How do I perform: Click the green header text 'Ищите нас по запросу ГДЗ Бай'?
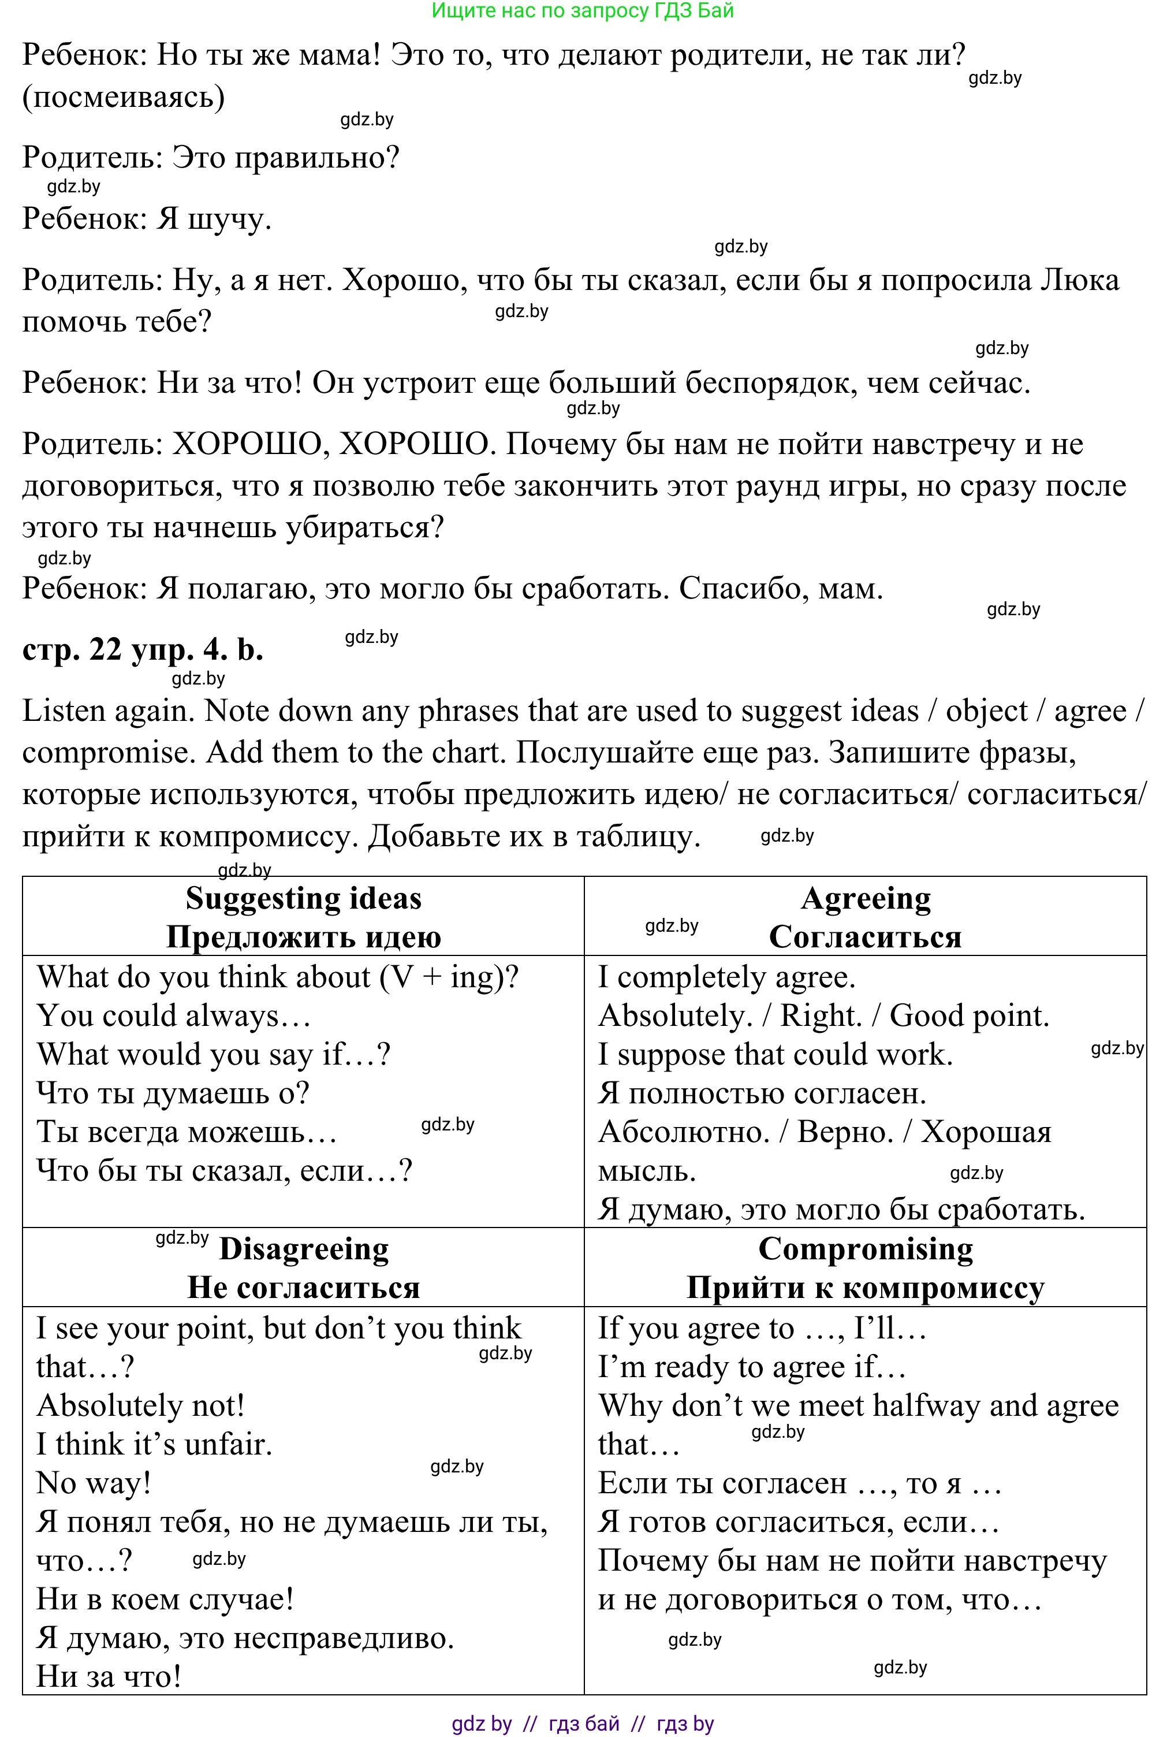click(x=583, y=11)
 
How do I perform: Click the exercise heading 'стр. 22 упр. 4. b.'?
click(x=142, y=650)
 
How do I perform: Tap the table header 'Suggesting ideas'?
click(x=303, y=899)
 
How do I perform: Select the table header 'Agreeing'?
click(x=866, y=899)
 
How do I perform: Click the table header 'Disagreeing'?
click(x=304, y=1249)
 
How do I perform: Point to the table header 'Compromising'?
click(x=866, y=1249)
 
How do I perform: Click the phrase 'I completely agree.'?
click(x=726, y=977)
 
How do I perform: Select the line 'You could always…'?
click(x=173, y=1016)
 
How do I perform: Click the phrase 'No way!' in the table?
click(x=94, y=1483)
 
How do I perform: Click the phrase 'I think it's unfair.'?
click(x=154, y=1444)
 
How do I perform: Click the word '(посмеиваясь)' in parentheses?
click(x=124, y=98)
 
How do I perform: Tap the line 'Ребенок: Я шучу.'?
click(x=147, y=219)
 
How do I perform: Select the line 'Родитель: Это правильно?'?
click(x=211, y=158)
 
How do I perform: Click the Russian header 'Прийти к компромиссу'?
click(x=866, y=1288)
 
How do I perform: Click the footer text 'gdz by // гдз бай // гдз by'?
click(x=583, y=1723)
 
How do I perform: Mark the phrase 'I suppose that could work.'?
click(x=775, y=1055)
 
